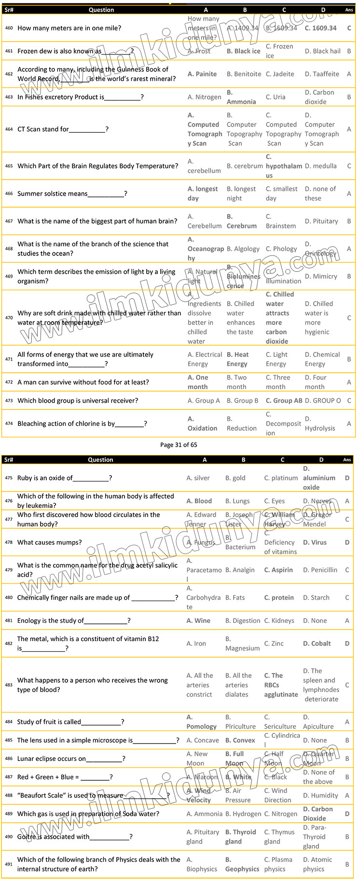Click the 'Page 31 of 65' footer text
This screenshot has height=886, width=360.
pyautogui.click(x=179, y=445)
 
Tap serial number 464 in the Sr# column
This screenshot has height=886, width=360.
pyautogui.click(x=9, y=129)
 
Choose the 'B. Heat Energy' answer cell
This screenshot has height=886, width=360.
pyautogui.click(x=237, y=359)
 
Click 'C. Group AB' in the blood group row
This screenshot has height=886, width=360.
pyautogui.click(x=284, y=401)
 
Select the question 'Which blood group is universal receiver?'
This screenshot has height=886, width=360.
pyautogui.click(x=78, y=401)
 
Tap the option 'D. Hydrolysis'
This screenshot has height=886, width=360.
pyautogui.click(x=319, y=423)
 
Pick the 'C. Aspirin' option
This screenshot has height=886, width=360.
pyautogui.click(x=278, y=570)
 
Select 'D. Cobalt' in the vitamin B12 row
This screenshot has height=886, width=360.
pyautogui.click(x=317, y=644)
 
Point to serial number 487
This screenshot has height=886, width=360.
pyautogui.click(x=9, y=777)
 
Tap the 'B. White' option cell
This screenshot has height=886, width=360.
pyautogui.click(x=238, y=777)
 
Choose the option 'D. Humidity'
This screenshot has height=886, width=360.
pyautogui.click(x=320, y=796)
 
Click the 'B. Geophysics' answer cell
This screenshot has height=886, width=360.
pyautogui.click(x=242, y=864)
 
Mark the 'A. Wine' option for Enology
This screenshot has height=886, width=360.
pyautogui.click(x=198, y=621)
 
